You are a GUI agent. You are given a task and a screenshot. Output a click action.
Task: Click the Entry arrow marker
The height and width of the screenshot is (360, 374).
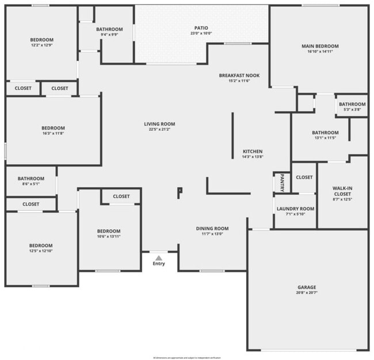click(159, 257)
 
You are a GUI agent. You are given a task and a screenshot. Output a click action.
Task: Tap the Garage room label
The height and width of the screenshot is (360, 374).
click(307, 287)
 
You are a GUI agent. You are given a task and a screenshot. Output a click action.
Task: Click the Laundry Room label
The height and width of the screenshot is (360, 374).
click(295, 209)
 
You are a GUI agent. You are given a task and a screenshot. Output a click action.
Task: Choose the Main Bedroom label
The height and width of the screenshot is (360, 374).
click(320, 46)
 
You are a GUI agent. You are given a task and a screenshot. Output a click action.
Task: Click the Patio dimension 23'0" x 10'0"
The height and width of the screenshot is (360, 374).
click(201, 33)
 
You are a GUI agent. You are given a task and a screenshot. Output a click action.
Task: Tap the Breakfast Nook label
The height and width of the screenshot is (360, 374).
click(239, 75)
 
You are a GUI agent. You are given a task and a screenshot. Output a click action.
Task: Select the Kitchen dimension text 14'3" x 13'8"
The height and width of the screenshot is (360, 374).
click(253, 157)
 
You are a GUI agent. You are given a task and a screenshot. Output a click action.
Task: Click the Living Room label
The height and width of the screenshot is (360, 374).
click(159, 124)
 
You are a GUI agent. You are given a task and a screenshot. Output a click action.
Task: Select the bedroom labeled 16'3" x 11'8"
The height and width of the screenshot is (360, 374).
click(53, 128)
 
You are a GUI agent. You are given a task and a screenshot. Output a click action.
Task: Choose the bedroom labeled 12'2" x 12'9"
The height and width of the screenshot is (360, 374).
click(41, 40)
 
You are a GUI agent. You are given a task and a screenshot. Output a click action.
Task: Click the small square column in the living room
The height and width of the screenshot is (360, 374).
click(180, 191)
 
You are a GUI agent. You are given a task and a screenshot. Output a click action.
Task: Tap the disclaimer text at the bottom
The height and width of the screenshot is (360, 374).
click(186, 357)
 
